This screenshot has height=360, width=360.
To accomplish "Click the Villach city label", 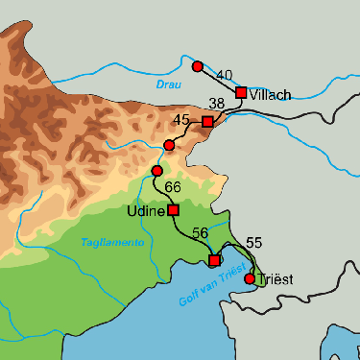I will [270, 95].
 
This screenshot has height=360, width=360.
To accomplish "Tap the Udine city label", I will [146, 210].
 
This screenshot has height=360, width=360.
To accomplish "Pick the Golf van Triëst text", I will [212, 287].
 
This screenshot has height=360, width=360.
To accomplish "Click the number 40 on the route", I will [226, 75].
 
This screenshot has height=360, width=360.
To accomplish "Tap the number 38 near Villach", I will [217, 103].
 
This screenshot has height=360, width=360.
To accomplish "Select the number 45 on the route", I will [182, 120].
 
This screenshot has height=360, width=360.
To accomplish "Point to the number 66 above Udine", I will [173, 186].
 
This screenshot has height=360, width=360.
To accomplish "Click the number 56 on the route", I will [200, 233].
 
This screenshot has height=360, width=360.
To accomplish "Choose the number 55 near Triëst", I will [254, 243].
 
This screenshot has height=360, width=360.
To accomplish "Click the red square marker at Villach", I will [241, 92].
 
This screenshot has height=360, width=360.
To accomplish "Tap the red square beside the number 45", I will [207, 122].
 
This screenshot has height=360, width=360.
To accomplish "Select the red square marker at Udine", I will [174, 209].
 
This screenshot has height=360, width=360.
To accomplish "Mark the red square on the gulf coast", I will [214, 260].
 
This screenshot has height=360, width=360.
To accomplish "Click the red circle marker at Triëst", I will [250, 278].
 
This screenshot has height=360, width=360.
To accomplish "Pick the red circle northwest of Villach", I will [197, 66].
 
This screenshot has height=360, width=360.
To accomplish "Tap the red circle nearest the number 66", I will [156, 170].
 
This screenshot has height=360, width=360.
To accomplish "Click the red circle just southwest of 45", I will [169, 145].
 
